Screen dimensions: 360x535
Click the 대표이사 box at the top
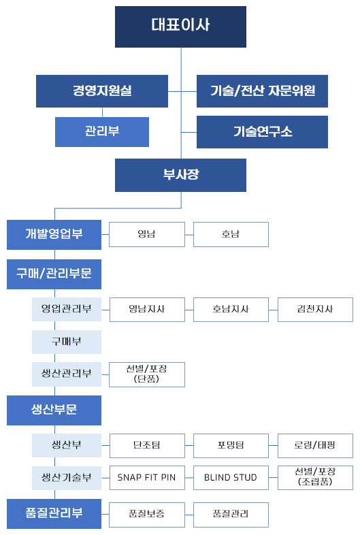pos(180,27)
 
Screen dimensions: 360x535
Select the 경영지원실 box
pos(102,91)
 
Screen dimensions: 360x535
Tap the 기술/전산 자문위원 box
pos(262,91)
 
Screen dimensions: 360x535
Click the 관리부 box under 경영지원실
pos(102,132)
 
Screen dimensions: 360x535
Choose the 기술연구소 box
pos(262,132)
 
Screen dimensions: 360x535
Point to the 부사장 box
pos(180,175)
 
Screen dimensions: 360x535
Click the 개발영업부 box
pos(54,235)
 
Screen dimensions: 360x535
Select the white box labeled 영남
pos(147,234)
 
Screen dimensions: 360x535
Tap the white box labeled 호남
pos(231,234)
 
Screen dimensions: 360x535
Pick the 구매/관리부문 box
pos(54,274)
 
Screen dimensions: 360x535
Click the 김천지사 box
pos(315,310)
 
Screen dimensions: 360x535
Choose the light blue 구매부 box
pos(67,342)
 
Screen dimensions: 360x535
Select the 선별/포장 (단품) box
pos(147,374)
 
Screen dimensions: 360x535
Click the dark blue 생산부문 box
pos(54,410)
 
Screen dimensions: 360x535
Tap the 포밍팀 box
pos(231,446)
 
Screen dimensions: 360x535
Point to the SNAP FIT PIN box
pos(147,478)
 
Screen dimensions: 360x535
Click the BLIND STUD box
pos(231,478)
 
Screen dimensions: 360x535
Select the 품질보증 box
pos(147,515)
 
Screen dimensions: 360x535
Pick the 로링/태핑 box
pos(315,446)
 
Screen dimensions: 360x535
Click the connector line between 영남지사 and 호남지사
pos(189,310)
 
